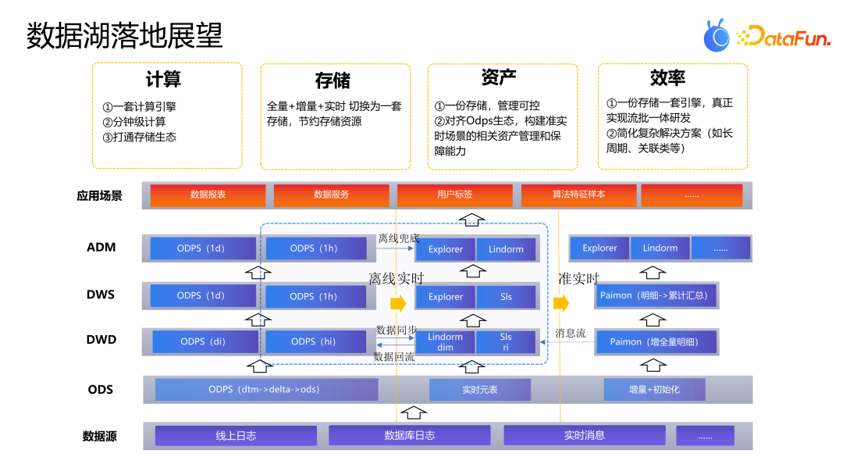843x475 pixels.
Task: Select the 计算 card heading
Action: (163, 80)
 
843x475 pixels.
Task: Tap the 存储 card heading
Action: (333, 81)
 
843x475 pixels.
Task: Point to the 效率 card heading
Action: (668, 78)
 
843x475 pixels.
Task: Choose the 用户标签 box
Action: (454, 195)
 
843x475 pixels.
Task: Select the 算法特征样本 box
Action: (578, 195)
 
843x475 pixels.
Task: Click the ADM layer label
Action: (101, 248)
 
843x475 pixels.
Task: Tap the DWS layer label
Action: (101, 295)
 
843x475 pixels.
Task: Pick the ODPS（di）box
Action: (203, 342)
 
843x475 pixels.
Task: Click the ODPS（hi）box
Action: (314, 342)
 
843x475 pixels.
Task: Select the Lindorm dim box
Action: (445, 342)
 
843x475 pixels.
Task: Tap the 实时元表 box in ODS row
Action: (479, 390)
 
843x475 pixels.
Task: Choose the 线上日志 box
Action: (236, 436)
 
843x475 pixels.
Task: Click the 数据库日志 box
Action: (409, 436)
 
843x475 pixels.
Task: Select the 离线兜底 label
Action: (398, 238)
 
